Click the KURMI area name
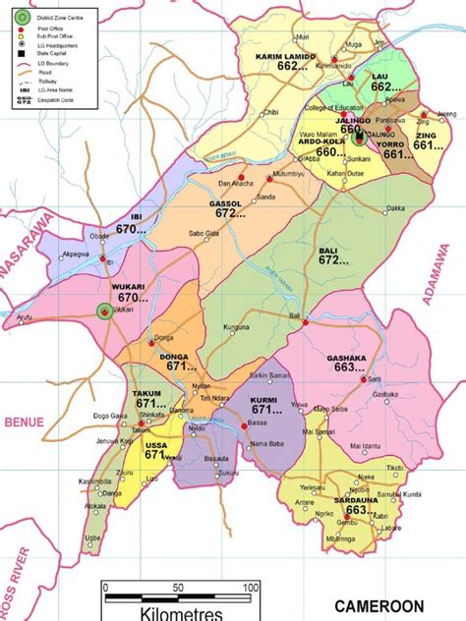[263, 402]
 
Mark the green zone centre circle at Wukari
[103, 311]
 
